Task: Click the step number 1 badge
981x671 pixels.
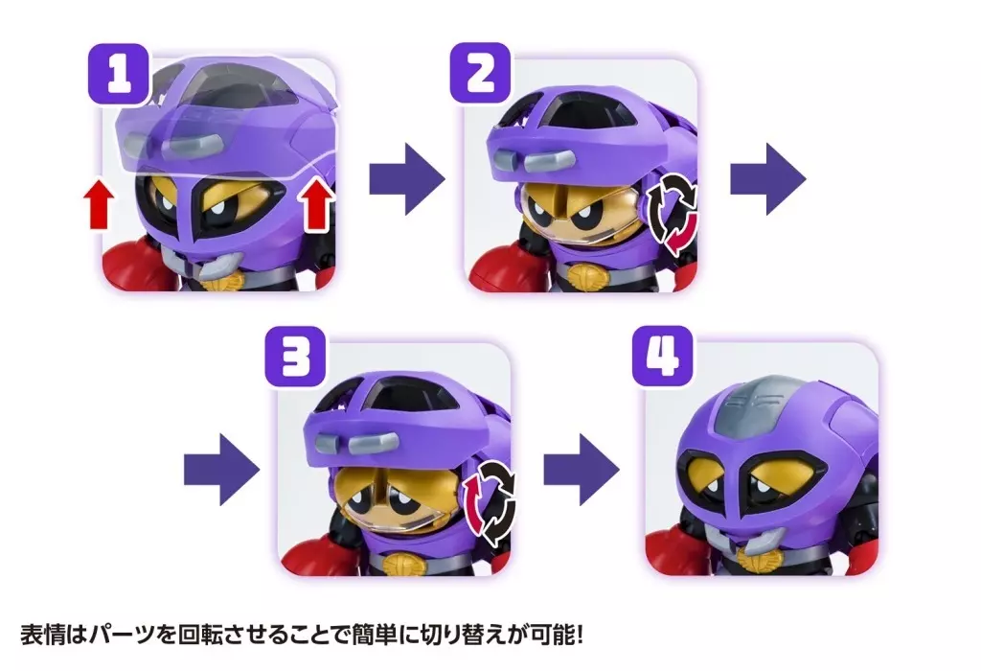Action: [119, 73]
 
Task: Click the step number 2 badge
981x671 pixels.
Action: [481, 73]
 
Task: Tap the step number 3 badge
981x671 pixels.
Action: [295, 357]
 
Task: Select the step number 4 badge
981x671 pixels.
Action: [663, 357]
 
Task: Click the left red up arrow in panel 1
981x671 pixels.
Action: [99, 203]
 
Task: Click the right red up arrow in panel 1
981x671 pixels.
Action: [317, 203]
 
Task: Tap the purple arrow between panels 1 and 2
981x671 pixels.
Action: [406, 179]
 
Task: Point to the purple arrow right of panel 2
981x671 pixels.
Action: [768, 179]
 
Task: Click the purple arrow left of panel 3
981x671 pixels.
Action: [221, 470]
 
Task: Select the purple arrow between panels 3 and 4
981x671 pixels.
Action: [582, 470]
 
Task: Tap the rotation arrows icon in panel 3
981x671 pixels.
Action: [490, 502]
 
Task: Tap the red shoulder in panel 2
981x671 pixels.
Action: [500, 267]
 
